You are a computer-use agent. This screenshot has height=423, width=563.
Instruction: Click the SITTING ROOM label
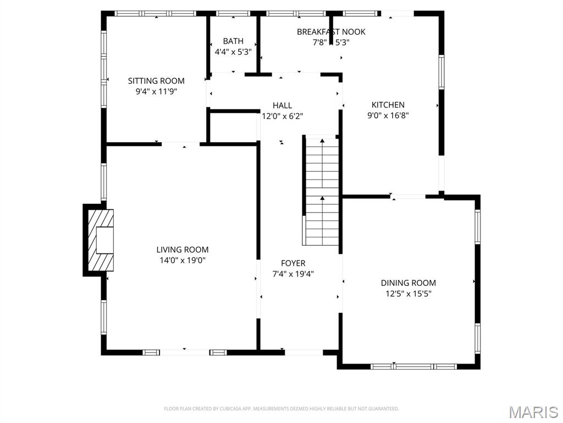156,81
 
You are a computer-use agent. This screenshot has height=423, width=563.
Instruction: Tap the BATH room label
233,41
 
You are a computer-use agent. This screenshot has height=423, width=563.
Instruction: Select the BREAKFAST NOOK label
331,32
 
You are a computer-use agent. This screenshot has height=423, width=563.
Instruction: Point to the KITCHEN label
388,105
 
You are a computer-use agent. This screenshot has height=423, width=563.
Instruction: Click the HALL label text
282,105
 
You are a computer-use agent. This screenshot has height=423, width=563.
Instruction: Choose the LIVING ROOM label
183,250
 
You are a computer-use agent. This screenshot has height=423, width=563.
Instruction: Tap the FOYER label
293,263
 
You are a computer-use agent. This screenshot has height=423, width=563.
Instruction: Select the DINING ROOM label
408,283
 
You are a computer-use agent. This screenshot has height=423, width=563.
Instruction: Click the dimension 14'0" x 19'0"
183,261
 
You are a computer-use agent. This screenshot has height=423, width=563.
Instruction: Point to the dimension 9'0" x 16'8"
388,116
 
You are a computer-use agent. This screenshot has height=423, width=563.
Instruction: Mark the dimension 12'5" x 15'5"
408,294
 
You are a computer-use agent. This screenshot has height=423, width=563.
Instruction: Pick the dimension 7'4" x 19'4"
293,274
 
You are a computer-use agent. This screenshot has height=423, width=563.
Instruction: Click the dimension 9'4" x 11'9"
156,92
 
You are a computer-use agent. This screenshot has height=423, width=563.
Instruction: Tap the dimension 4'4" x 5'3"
233,52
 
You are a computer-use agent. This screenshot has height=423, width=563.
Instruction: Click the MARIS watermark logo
533,411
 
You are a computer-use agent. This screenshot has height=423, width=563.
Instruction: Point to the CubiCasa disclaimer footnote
281,409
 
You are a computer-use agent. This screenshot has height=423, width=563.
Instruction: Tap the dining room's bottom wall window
413,366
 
